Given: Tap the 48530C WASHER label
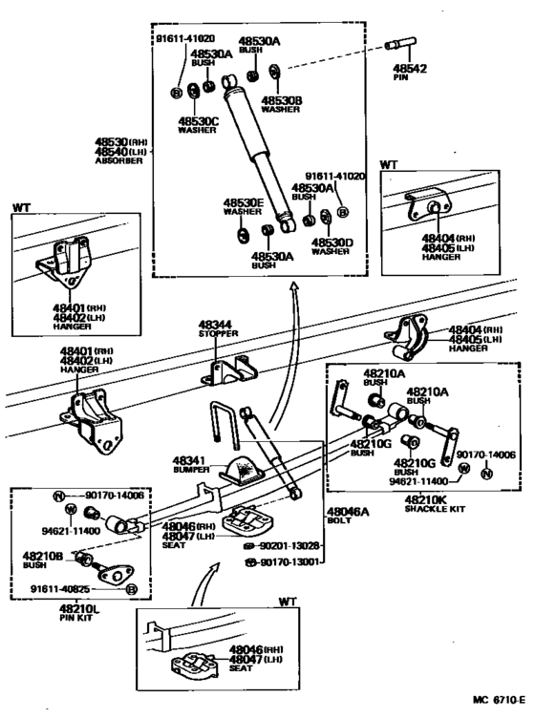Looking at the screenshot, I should click(198, 125).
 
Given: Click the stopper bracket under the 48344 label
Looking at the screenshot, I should click(229, 368).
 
